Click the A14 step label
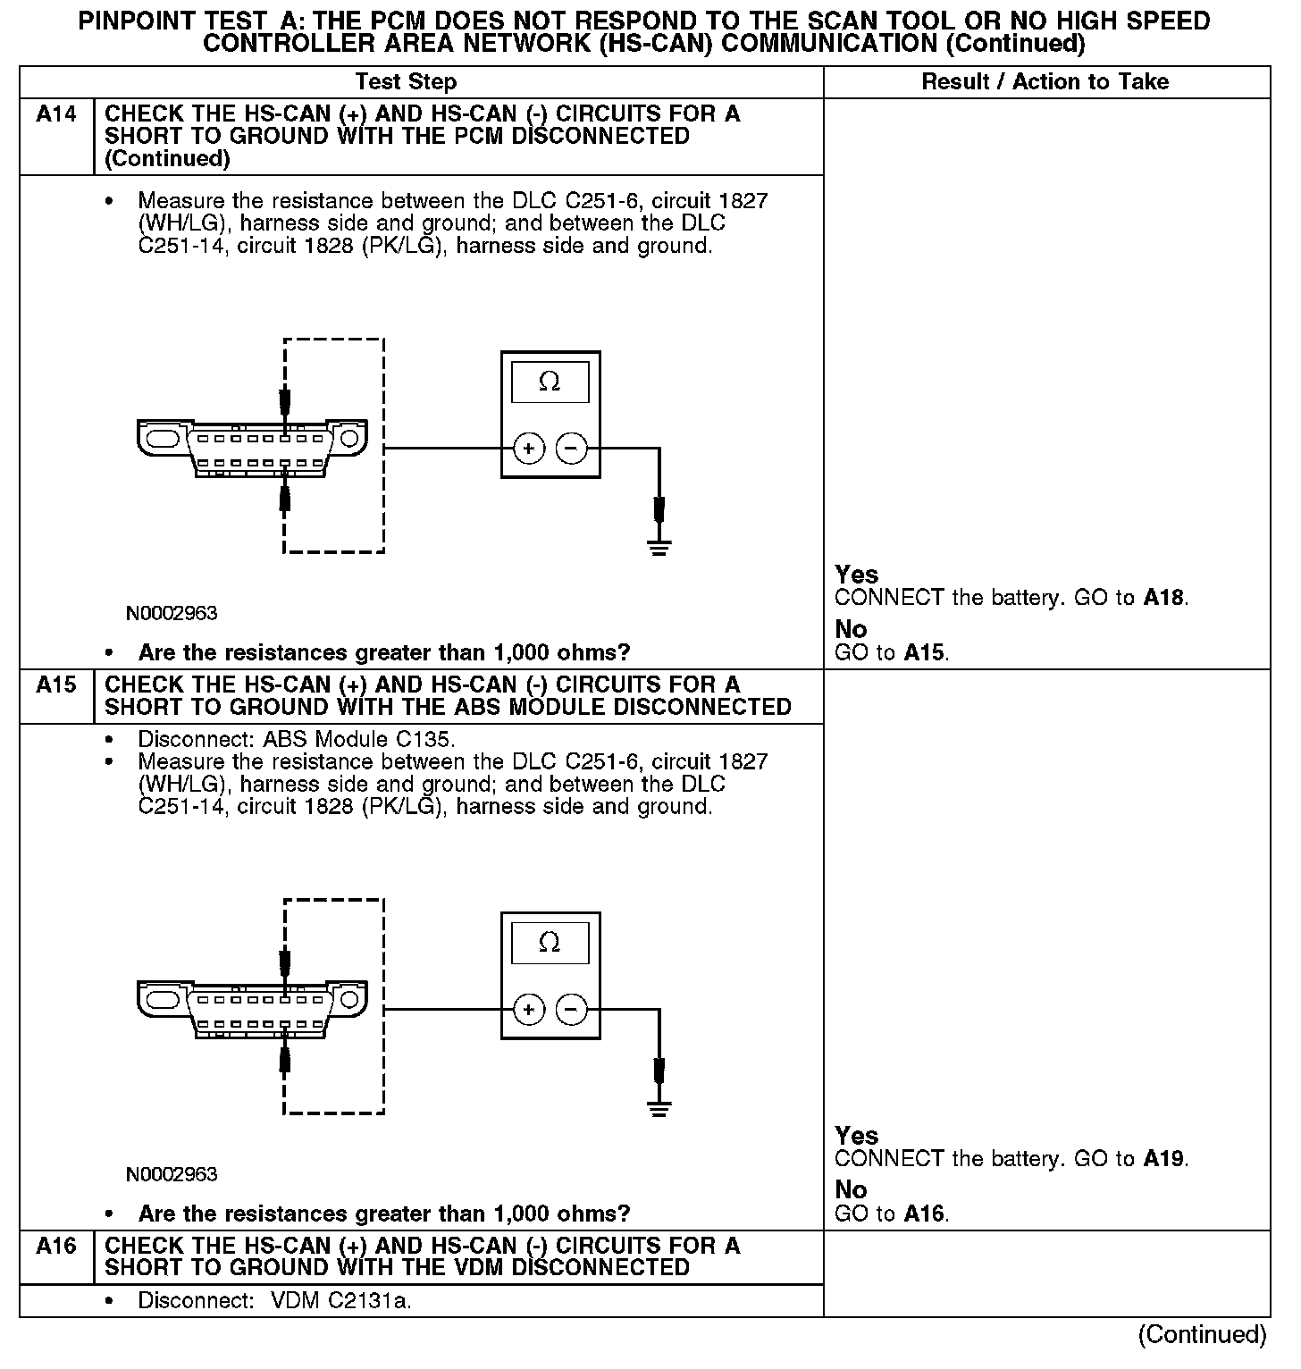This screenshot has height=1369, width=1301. point(55,114)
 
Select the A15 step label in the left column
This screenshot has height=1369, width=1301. point(55,685)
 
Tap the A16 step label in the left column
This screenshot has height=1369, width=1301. point(55,1246)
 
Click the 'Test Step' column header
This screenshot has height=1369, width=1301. point(406,82)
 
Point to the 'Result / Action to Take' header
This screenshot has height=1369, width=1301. point(1045,82)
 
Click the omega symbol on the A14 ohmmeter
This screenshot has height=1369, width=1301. point(550,382)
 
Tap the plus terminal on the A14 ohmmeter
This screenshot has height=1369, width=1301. point(529,448)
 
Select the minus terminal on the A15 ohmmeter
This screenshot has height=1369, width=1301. point(572,1010)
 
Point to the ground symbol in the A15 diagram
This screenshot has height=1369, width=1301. point(659,1108)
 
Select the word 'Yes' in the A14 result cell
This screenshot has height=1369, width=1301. point(856,575)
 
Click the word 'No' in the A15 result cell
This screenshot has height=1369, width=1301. point(851,1190)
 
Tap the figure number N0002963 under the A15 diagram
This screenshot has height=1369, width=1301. point(172,1174)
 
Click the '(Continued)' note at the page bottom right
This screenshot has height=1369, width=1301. point(1202,1335)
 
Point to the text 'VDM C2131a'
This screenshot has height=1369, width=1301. point(340,1301)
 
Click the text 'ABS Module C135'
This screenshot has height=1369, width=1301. point(358,740)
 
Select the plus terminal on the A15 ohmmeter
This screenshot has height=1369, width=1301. point(529,1010)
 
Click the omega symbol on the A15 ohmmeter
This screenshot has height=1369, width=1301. point(550,943)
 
